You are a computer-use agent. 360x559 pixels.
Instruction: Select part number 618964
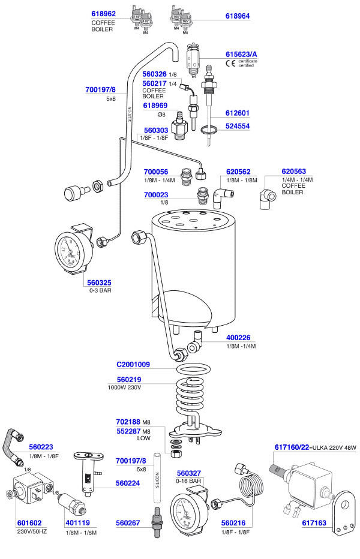tap(238, 17)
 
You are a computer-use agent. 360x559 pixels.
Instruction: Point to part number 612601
tap(237, 113)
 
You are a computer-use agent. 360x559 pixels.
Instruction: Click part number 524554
tap(237, 127)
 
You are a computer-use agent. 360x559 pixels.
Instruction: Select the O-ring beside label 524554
tap(208, 129)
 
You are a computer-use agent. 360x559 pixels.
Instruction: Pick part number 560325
tap(98, 282)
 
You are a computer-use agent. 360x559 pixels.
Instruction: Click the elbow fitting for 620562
tap(220, 195)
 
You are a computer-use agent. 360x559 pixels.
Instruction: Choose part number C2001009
tap(133, 364)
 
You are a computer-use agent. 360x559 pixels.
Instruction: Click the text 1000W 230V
tap(124, 387)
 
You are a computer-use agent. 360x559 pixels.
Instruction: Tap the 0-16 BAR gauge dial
tap(188, 510)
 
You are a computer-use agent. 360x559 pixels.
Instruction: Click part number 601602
tap(28, 523)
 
